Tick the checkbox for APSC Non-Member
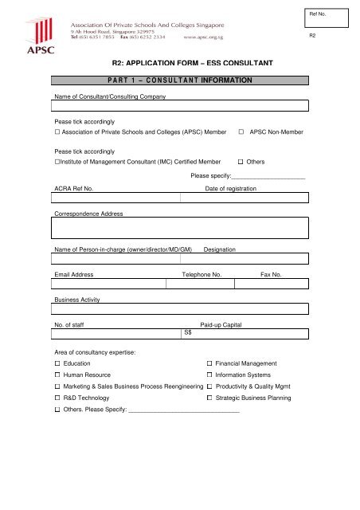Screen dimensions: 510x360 [241, 130]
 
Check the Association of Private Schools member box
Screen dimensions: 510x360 [57, 130]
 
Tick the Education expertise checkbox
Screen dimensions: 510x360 [57, 363]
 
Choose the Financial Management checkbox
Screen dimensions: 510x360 [209, 363]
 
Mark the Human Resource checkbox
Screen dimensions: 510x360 [57, 375]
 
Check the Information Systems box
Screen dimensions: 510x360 [209, 375]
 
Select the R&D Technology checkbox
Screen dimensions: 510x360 [57, 397]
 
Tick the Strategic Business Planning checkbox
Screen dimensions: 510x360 [209, 397]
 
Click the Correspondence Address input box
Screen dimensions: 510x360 [180, 229]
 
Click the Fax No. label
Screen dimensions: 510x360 [272, 274]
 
